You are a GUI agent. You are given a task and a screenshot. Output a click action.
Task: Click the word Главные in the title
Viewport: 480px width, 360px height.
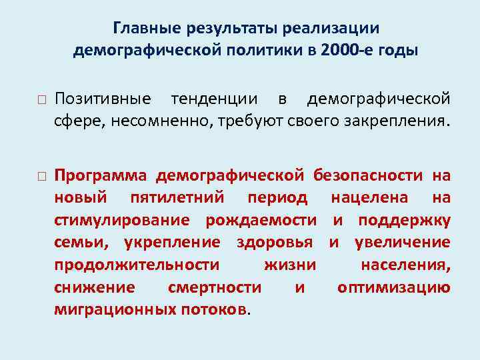coord(144,29)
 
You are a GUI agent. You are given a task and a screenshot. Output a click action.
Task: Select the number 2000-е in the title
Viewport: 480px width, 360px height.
coord(348,50)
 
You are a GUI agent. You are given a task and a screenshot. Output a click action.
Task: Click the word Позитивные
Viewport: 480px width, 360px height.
coord(103,99)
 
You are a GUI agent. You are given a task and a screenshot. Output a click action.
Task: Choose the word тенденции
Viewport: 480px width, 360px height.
coord(214,99)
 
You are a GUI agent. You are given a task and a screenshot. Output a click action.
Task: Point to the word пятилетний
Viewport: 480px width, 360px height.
coord(174,198)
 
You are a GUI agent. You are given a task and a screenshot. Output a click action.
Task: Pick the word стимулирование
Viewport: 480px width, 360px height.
coord(126,220)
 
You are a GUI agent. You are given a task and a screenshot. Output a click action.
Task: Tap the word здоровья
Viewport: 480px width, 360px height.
coord(279,243)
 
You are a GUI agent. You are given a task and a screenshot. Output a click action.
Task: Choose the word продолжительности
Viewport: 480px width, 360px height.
coord(137,265)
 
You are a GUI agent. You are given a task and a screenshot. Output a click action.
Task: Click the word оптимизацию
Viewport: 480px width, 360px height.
coord(394,287)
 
